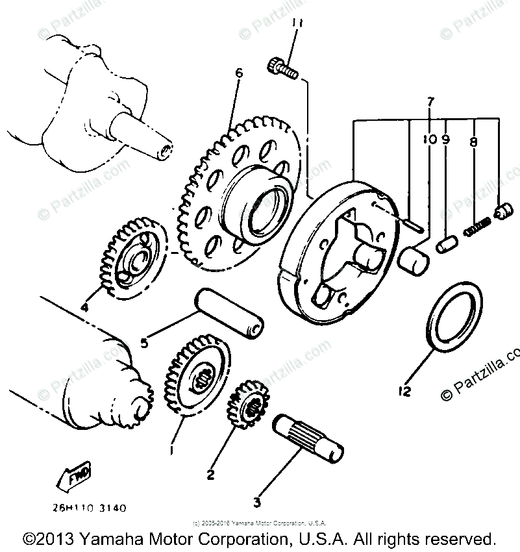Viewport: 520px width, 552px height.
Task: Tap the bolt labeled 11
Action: [x=281, y=66]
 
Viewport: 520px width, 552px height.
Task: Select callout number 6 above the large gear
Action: [x=239, y=73]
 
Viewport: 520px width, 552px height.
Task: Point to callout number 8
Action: [x=473, y=140]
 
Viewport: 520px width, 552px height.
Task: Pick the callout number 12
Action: [x=405, y=391]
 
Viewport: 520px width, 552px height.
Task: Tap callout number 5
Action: [x=144, y=341]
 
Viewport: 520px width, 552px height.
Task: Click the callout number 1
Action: [x=172, y=448]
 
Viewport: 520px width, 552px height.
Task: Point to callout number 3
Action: [x=257, y=501]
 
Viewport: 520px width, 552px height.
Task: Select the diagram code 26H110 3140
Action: [x=81, y=507]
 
